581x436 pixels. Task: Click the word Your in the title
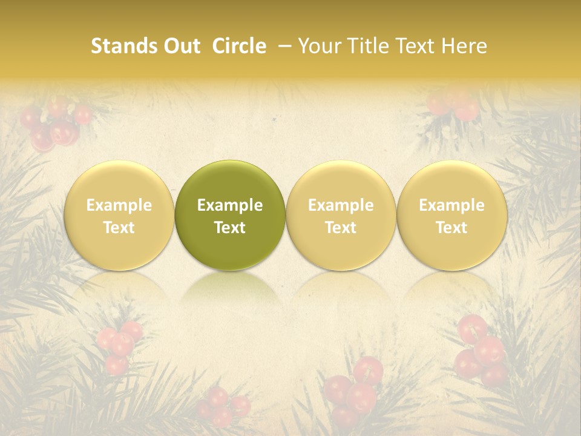(318, 46)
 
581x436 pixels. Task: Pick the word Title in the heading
(366, 46)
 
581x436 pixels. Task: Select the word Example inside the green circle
(230, 205)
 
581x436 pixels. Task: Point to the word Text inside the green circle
(230, 228)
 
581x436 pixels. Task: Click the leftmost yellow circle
(119, 182)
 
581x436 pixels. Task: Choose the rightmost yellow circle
(452, 182)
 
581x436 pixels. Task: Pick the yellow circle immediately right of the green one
(341, 182)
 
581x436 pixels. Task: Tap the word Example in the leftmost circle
(119, 205)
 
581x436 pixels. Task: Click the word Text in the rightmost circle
(452, 228)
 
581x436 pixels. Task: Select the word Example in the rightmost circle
(452, 205)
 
